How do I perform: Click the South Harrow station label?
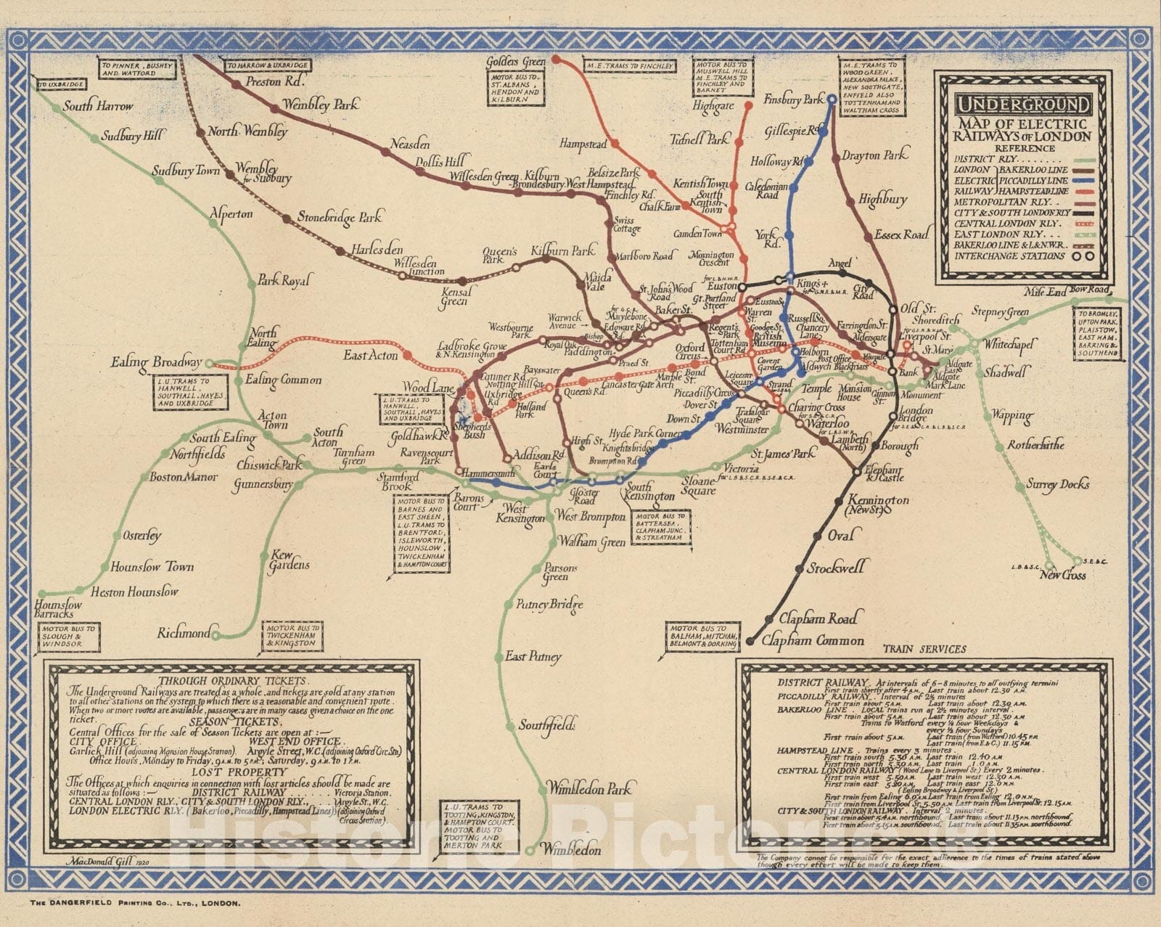coord(99,107)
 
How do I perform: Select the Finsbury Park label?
coord(794,99)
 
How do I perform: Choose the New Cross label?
coord(1063,575)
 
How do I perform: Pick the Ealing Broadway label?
coord(156,362)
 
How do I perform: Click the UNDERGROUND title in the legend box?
coord(1022,105)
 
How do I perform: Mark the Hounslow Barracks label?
coord(58,610)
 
